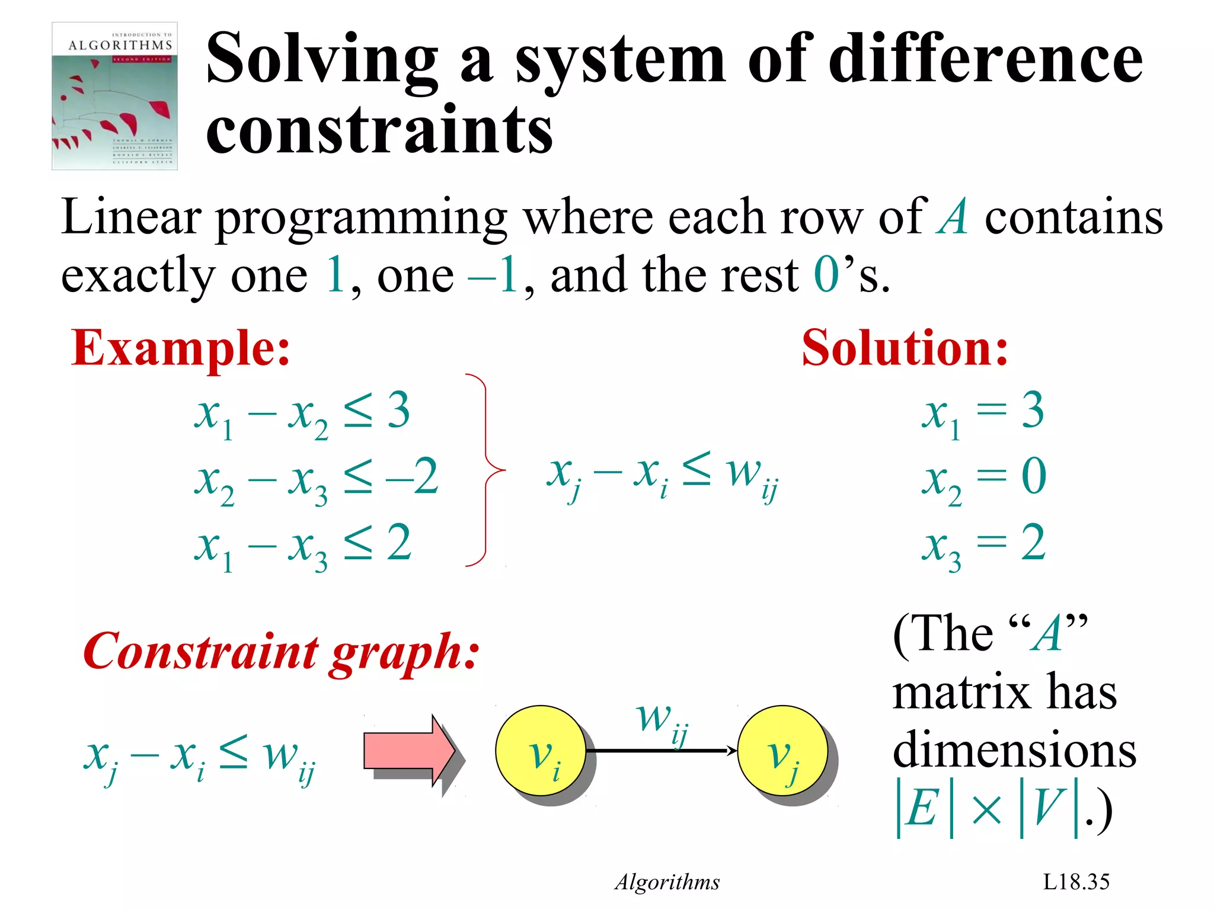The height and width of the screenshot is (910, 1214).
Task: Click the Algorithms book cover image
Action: click(114, 96)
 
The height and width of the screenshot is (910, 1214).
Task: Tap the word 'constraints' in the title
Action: click(379, 129)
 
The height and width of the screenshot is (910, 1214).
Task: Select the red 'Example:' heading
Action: click(181, 348)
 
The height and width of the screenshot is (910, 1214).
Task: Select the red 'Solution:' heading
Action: click(905, 348)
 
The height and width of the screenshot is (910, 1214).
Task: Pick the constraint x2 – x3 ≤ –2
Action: click(317, 479)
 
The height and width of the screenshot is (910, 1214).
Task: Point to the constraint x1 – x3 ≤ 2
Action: click(302, 546)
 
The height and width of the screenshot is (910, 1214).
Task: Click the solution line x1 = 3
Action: click(983, 413)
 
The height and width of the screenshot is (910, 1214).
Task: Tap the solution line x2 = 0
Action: click(984, 479)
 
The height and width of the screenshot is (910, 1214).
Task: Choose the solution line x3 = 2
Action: click(984, 546)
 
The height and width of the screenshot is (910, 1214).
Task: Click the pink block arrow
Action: click(409, 751)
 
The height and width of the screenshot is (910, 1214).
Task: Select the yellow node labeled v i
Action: click(541, 751)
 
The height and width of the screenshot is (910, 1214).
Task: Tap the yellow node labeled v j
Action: click(782, 751)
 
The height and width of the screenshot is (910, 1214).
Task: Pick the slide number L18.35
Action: click(1076, 882)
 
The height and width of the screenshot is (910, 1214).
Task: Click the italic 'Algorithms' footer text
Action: click(667, 882)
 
